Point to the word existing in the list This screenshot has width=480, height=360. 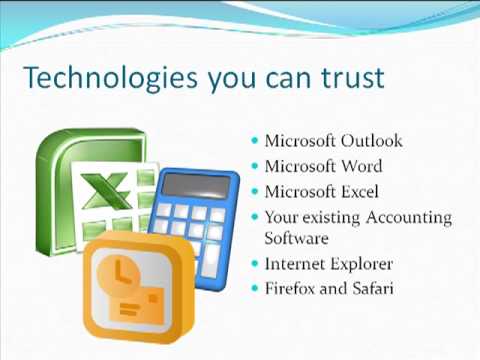click(x=331, y=217)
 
